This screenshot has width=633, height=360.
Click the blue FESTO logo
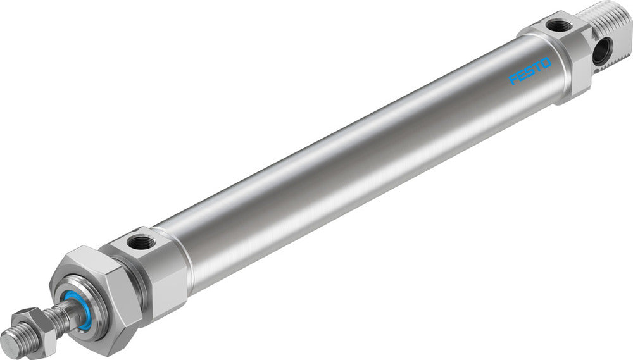pyautogui.click(x=530, y=71)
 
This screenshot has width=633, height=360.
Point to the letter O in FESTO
pyautogui.click(x=546, y=63)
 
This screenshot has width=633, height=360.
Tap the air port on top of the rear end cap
pyautogui.click(x=558, y=26)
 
